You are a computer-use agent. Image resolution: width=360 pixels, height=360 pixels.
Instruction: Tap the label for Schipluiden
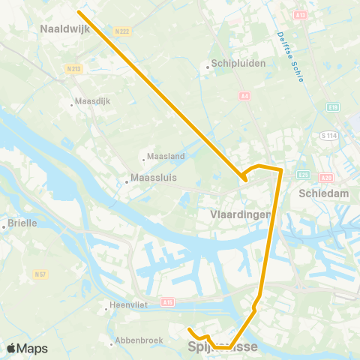tap(238, 64)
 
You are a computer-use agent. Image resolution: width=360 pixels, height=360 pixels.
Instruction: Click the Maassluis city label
tap(154, 178)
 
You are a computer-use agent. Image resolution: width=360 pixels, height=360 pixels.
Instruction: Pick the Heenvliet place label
tap(128, 305)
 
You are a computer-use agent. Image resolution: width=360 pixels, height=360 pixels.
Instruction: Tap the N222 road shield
tap(123, 31)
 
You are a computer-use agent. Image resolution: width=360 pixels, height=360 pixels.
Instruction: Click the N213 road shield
tap(73, 68)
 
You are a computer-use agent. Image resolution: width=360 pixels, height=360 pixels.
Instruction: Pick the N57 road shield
tap(40, 274)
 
